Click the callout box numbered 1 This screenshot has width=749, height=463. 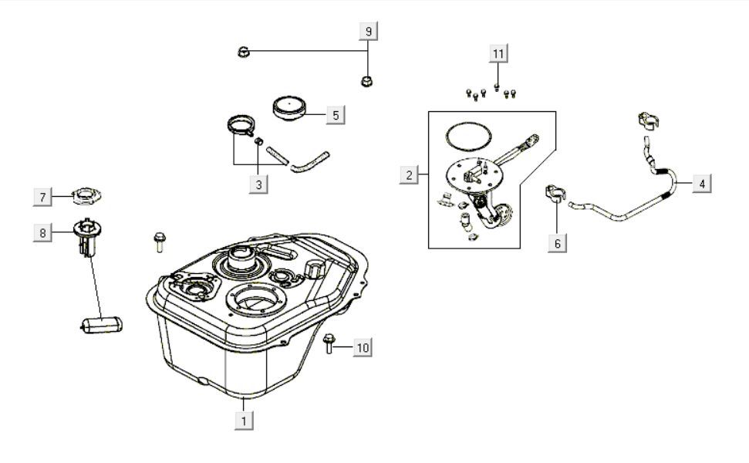point(244,421)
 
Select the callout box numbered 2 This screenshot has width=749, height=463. point(409,175)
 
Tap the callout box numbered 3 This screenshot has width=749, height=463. point(258,184)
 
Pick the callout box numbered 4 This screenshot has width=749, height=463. point(702,184)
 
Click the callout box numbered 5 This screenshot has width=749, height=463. point(336,115)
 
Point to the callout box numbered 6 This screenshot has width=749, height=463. point(558,243)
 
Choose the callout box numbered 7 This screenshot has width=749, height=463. point(42,197)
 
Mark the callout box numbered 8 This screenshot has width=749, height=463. point(42,233)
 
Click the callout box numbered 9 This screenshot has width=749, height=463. point(368,32)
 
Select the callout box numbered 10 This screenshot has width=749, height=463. point(363,347)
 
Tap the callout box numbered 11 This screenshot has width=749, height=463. point(498,53)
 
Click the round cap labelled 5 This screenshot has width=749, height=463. point(289,109)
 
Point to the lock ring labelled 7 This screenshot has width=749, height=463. point(86,196)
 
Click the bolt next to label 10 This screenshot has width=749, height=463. point(328,343)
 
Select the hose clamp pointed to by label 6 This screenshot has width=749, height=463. point(555,192)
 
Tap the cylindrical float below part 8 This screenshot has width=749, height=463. point(101,325)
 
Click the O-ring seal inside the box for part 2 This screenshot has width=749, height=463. point(468,136)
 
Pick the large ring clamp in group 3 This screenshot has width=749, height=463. point(241,125)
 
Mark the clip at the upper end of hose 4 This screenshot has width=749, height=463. point(648,119)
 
